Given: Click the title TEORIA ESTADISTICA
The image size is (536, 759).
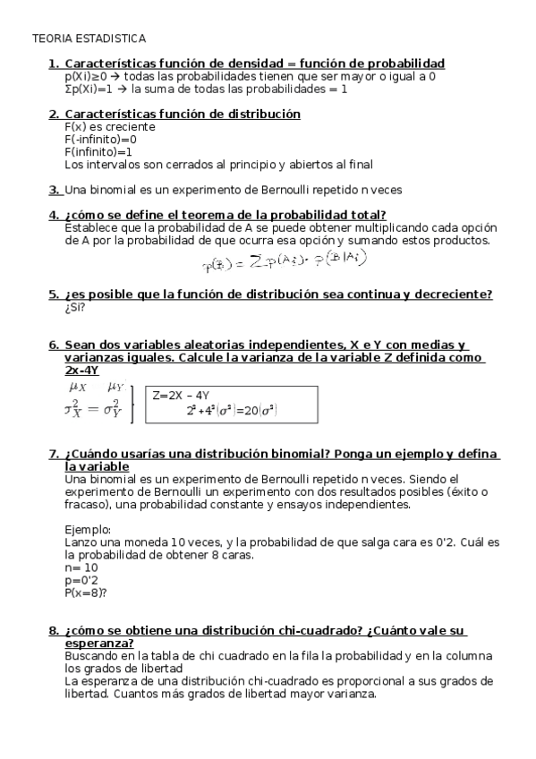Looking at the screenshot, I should point(88,39).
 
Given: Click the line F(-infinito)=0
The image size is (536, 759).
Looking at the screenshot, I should point(100,140).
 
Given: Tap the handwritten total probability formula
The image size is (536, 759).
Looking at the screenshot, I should point(285,260).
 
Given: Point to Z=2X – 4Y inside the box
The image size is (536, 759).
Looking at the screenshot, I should point(181,395).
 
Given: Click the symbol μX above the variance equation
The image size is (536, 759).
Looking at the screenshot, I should point(78,387).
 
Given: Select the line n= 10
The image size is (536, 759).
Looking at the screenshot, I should point(81,567).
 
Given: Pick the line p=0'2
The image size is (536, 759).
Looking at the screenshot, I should point(81,580).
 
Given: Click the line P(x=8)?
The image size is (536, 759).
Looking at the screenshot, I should point(86,593).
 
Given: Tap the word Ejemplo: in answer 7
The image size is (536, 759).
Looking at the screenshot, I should point(88,530).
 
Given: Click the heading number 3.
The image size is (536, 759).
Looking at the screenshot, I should point(54,190).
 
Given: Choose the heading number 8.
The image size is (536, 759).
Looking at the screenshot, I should point(54,631).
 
